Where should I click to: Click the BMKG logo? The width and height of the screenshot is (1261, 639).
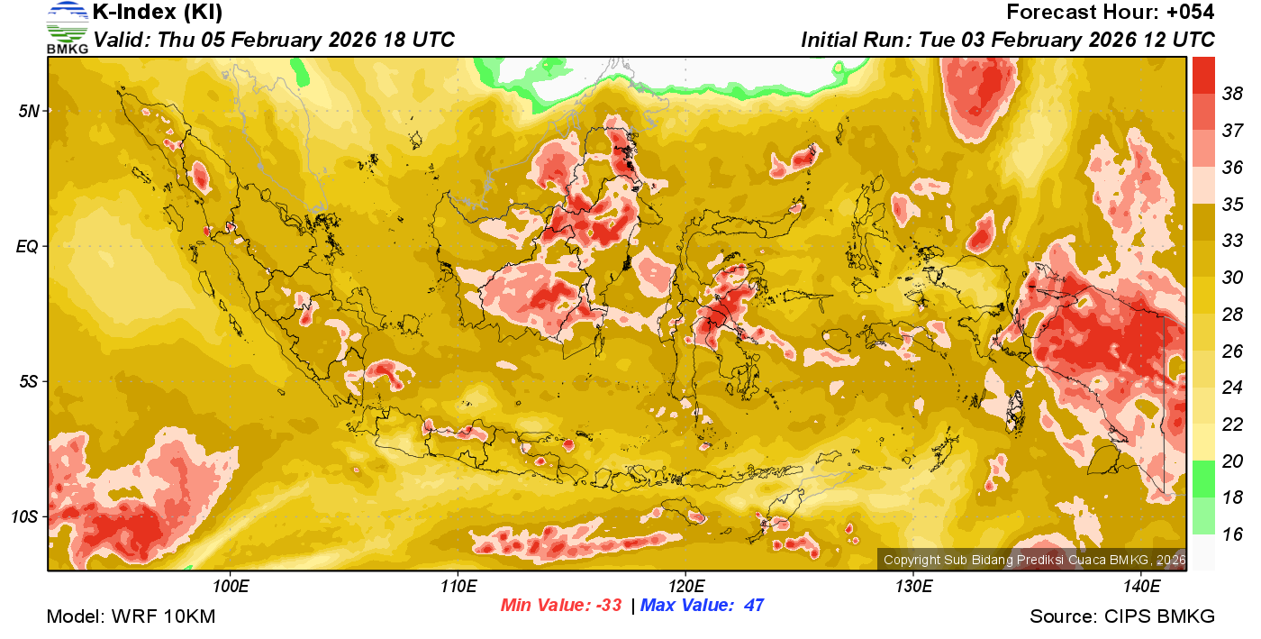67,27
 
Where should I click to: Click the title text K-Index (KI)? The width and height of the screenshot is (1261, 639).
158,13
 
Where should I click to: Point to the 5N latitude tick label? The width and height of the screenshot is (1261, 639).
29,111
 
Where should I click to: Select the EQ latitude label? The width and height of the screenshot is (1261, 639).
29,246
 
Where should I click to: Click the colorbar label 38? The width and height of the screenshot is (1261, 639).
1232,93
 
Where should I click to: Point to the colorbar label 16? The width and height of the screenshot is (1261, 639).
1232,534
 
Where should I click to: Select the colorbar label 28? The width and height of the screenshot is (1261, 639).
1232,314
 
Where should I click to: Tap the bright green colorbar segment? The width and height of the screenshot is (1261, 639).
1203,479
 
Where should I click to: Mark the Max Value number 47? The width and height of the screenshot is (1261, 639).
753,606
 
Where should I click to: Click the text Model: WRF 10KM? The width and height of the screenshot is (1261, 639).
131,617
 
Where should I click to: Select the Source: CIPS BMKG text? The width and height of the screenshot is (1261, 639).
1122,617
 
